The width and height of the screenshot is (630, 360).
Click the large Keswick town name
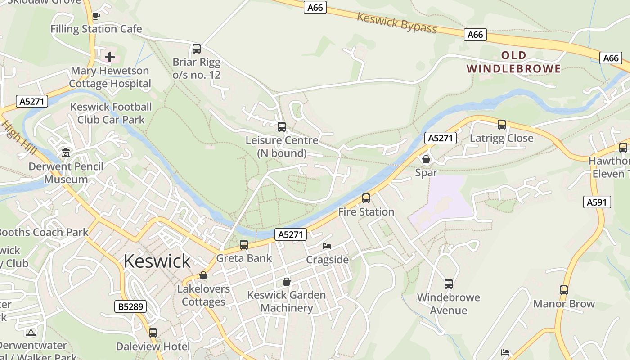point(157,261)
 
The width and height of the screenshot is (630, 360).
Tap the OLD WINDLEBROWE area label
point(513,62)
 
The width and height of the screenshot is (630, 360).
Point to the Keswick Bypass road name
point(397,23)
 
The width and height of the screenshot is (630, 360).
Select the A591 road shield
point(597,202)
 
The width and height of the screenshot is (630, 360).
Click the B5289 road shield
point(130,307)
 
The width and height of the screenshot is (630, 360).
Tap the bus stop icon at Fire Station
point(366,198)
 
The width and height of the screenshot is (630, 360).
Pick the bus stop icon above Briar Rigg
point(197,49)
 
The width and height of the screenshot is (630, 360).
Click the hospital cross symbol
point(110,57)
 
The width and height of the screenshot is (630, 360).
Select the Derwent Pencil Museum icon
point(66,153)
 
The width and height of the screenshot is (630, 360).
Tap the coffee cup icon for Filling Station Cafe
point(96,16)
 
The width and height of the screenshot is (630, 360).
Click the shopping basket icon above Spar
point(426,159)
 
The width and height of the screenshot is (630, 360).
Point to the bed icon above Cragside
point(327,246)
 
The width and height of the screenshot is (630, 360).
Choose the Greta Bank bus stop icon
point(244,245)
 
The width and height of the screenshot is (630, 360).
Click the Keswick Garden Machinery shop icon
point(287,282)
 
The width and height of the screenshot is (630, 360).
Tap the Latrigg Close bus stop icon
point(502,125)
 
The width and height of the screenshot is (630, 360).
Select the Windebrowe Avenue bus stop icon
point(449,284)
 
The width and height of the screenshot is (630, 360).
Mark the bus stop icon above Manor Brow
point(564,290)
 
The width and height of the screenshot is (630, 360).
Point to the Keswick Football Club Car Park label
point(111,113)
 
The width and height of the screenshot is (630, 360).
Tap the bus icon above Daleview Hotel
point(153,333)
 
